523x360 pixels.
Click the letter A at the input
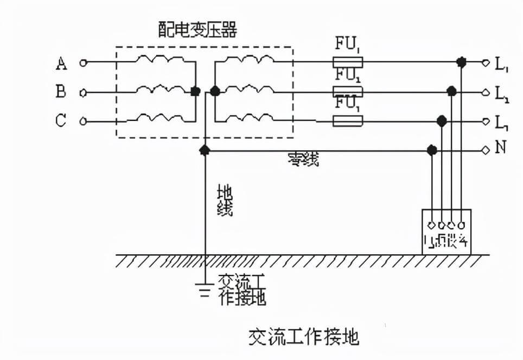[61, 63]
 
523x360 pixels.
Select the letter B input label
[61, 92]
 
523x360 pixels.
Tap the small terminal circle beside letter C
[83, 121]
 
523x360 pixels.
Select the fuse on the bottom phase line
[347, 121]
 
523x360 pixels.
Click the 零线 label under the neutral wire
[304, 159]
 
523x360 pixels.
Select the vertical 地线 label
[225, 201]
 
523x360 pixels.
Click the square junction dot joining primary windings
[195, 92]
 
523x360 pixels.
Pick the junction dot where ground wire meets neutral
[205, 150]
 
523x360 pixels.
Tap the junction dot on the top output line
[461, 63]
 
